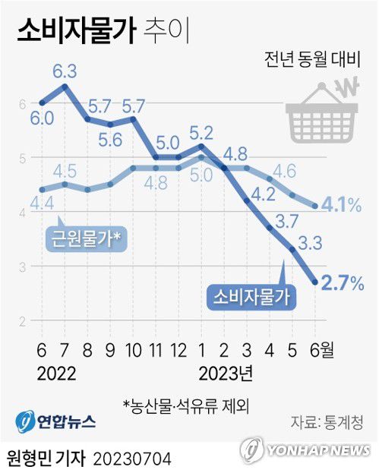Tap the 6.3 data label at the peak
[64, 72]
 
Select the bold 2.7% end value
[343, 283]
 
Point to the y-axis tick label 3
[23, 266]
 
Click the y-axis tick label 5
[23, 158]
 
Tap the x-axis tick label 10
[134, 350]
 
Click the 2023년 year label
[226, 374]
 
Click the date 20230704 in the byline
[133, 459]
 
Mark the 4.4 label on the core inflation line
[40, 203]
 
